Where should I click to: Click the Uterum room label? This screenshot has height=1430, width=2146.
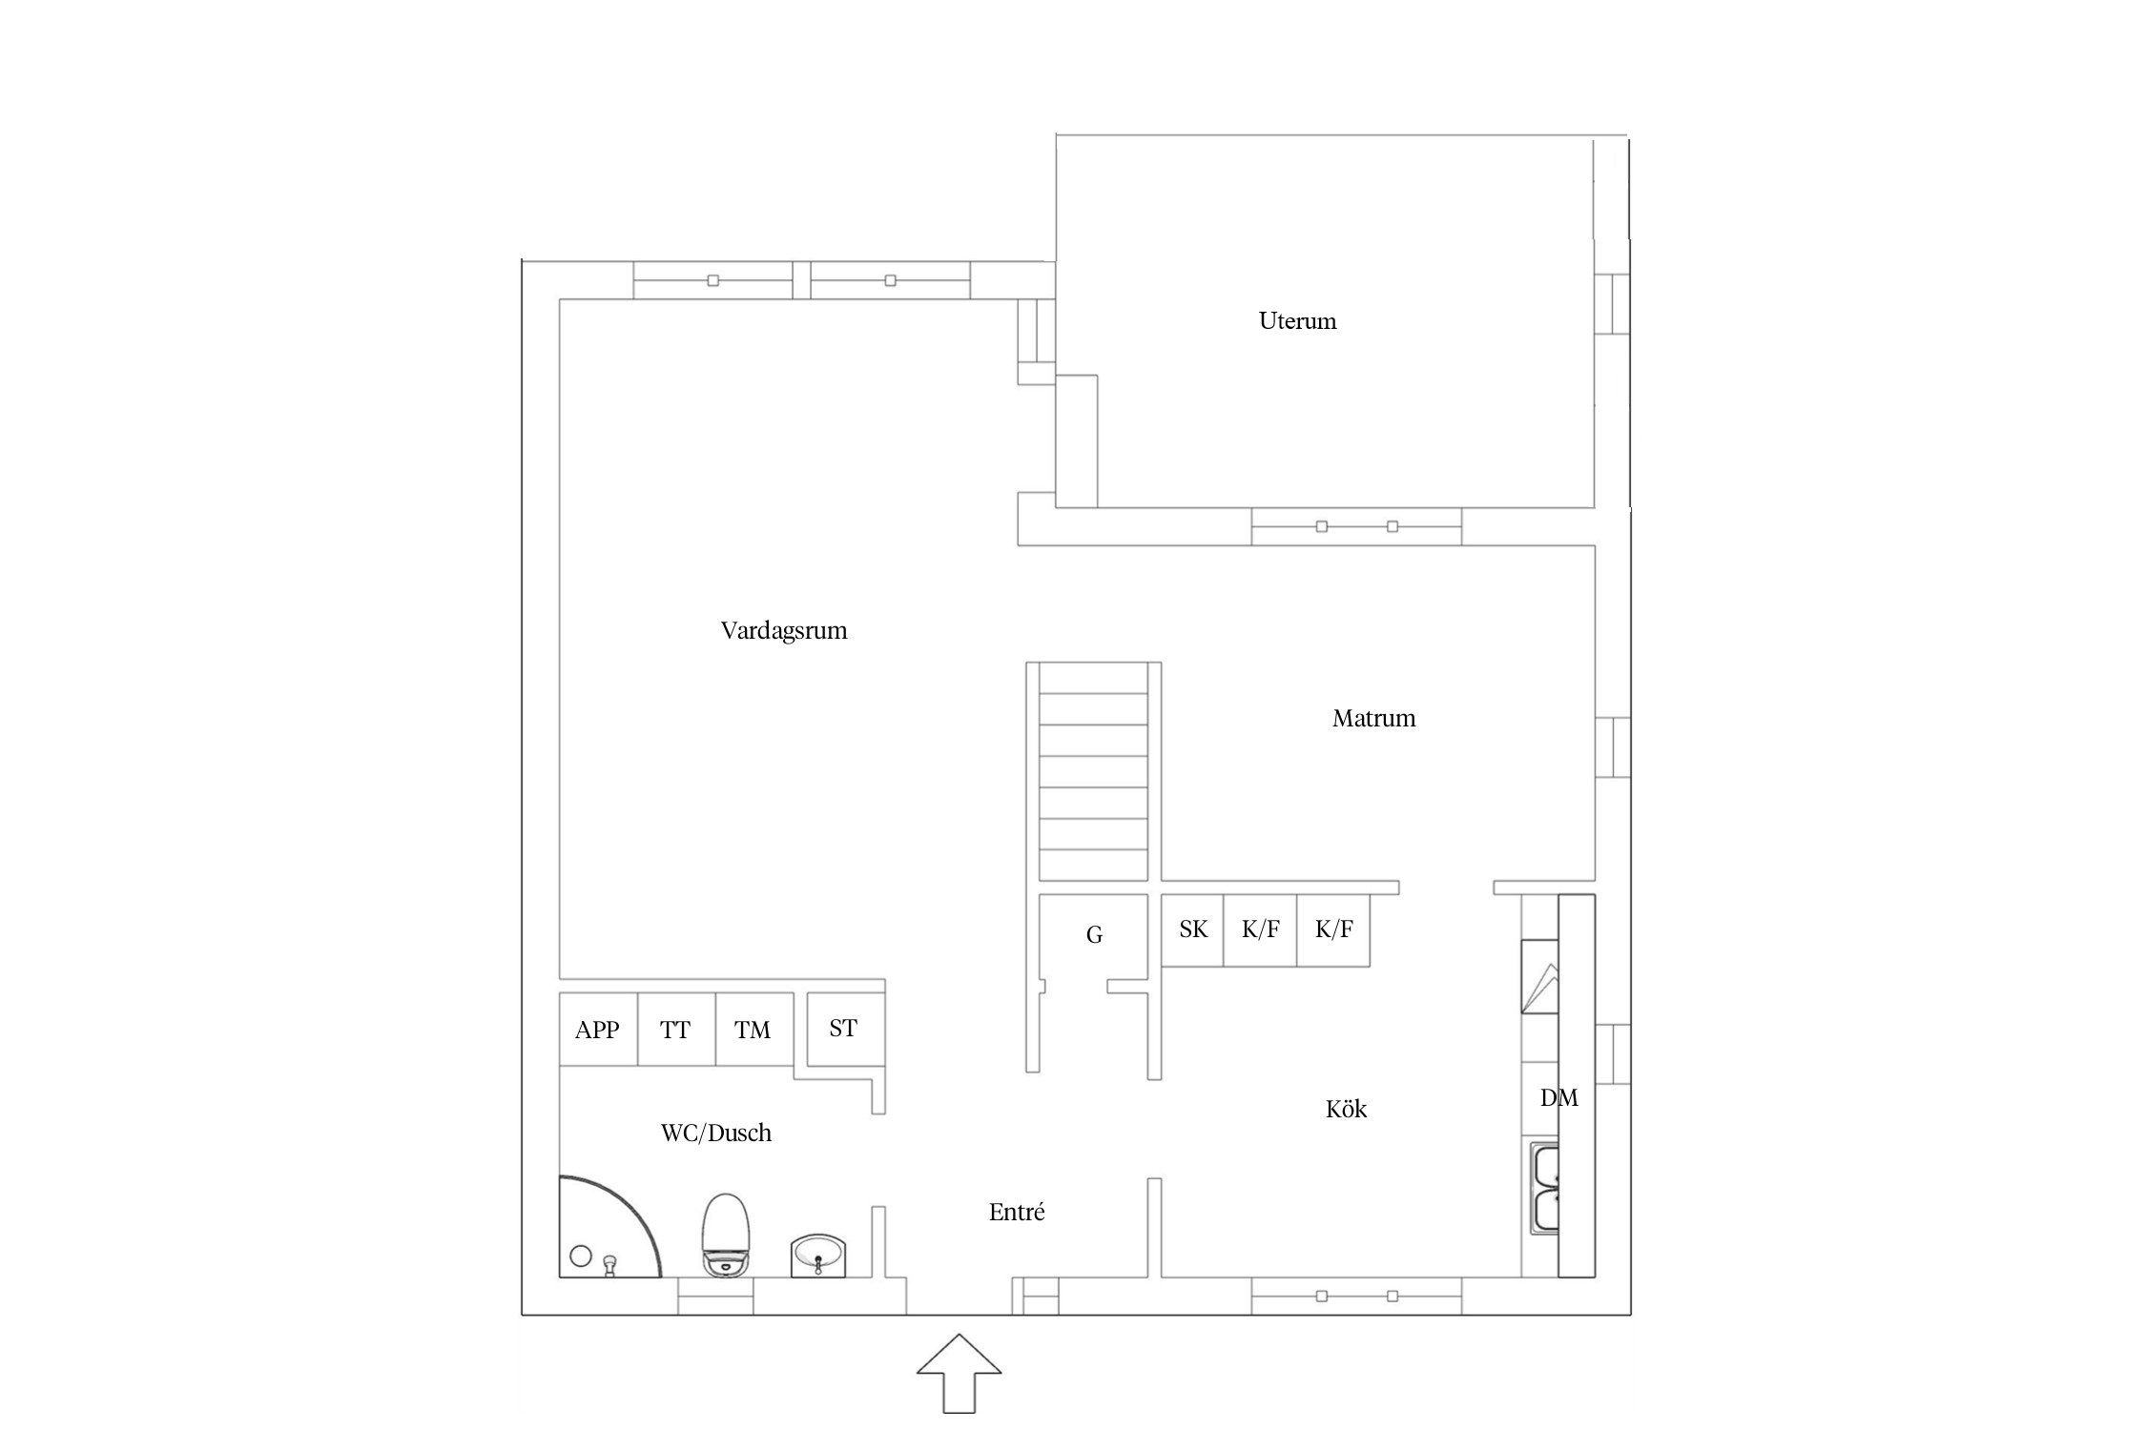[x=1297, y=321]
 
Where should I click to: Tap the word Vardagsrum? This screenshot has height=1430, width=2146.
[x=784, y=631]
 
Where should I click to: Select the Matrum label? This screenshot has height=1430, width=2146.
[x=1373, y=719]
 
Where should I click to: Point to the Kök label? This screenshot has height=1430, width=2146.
[x=1346, y=1109]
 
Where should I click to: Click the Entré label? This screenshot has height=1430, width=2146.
[x=1017, y=1212]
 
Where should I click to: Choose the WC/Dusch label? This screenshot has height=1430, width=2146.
[x=715, y=1133]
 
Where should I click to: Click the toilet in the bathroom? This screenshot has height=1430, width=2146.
[x=726, y=1235]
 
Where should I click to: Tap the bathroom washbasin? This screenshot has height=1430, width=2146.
[x=817, y=1256]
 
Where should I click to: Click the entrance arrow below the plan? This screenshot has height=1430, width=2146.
[x=960, y=1373]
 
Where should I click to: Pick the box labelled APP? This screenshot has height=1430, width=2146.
[x=598, y=1030]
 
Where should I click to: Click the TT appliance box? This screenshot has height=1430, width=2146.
[x=676, y=1030]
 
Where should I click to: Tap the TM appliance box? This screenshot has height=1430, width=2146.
[x=754, y=1030]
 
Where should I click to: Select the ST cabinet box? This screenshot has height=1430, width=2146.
[x=846, y=1030]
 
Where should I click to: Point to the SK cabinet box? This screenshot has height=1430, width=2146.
[x=1192, y=930]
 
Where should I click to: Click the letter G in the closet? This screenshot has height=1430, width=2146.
[x=1094, y=935]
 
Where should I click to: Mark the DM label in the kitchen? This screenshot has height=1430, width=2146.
[x=1558, y=1098]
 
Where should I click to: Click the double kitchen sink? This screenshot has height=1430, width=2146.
[x=1545, y=1188]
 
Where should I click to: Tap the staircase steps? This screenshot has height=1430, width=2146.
[x=1093, y=771]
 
